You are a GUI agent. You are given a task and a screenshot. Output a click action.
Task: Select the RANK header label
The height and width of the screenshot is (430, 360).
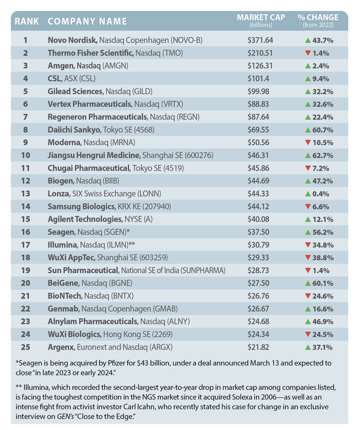click(x=27, y=22)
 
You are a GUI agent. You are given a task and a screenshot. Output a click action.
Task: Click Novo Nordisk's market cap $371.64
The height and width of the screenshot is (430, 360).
click(x=260, y=40)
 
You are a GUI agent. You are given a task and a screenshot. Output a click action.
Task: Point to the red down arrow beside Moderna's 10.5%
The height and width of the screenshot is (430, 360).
click(x=308, y=142)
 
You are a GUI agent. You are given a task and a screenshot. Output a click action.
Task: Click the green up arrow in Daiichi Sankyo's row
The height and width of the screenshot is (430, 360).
click(x=308, y=130)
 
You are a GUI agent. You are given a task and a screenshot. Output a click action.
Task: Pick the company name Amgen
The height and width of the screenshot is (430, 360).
click(x=61, y=66)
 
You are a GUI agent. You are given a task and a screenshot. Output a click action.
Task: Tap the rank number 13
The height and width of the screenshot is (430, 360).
click(x=26, y=194)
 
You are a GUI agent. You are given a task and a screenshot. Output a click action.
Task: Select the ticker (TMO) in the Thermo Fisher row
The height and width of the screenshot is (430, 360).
click(x=173, y=53)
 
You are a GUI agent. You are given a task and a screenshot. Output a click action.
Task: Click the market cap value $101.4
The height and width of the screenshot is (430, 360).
click(x=258, y=78)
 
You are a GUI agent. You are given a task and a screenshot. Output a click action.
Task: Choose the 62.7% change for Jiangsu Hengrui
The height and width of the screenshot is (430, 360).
click(x=323, y=156)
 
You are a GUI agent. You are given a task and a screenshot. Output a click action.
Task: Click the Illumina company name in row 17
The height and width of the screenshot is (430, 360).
click(x=63, y=245)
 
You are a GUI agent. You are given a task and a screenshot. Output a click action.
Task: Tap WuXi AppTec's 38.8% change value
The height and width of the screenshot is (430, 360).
click(x=323, y=258)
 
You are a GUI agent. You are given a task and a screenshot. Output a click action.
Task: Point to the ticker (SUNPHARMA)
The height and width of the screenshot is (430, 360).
click(x=203, y=270)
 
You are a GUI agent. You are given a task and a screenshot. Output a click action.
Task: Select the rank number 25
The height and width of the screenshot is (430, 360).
click(x=25, y=347)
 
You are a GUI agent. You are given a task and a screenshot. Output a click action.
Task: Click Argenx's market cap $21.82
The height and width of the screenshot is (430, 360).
click(x=258, y=347)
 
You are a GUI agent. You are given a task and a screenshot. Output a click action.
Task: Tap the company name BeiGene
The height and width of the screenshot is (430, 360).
click(x=63, y=283)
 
